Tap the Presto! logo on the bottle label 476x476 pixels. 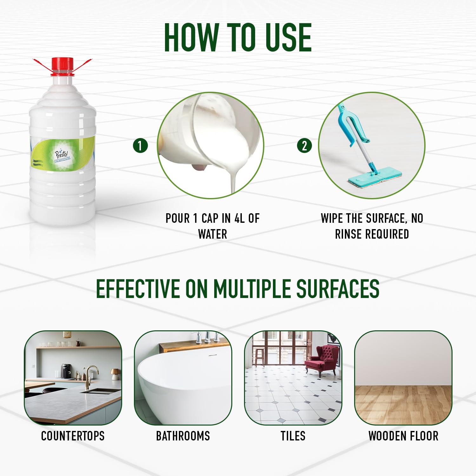click(x=62, y=155)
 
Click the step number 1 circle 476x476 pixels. click(x=140, y=146)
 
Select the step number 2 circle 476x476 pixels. click(x=304, y=146)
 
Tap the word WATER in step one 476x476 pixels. click(x=213, y=234)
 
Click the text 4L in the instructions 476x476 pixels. click(x=239, y=218)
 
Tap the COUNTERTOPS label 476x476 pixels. click(x=73, y=436)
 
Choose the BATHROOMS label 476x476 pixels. click(x=183, y=436)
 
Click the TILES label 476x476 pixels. click(x=293, y=436)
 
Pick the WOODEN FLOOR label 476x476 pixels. click(x=403, y=436)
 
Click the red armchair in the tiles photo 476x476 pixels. click(x=322, y=360)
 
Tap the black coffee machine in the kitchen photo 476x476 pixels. click(x=66, y=371)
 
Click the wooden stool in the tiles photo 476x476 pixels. click(x=260, y=357)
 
